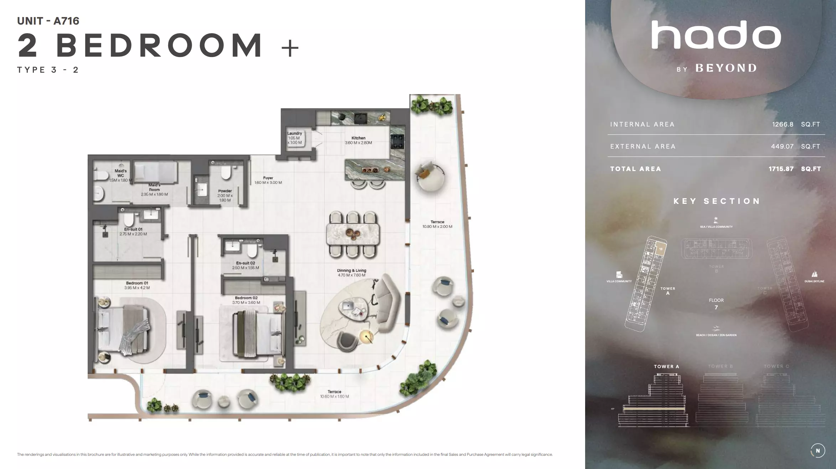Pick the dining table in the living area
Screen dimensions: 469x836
(353, 234)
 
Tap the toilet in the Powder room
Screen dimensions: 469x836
(226, 173)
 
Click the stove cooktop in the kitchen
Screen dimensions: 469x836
(397, 141)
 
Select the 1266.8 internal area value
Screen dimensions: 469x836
(783, 124)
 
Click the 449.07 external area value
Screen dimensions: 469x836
(782, 146)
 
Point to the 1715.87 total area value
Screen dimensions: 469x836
(781, 169)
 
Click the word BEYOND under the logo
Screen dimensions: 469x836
(726, 68)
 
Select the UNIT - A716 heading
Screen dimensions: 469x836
(48, 21)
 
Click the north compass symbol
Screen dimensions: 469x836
(818, 450)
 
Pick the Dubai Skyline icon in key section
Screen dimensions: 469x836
(814, 274)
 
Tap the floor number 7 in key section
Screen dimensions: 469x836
(716, 308)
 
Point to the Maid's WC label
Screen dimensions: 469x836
(121, 173)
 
